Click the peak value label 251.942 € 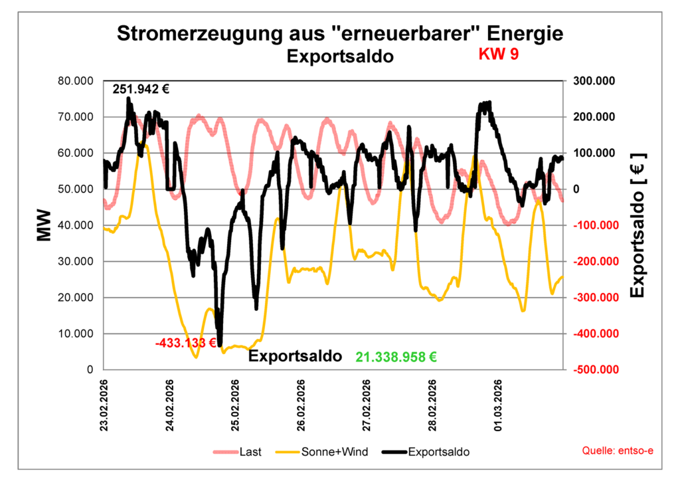coord(141,89)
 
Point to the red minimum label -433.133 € coord(186,343)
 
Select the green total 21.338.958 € coord(396,357)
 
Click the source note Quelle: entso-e coord(618,451)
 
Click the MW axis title coord(44,225)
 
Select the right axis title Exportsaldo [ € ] coord(637,225)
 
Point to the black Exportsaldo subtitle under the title coord(340,56)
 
